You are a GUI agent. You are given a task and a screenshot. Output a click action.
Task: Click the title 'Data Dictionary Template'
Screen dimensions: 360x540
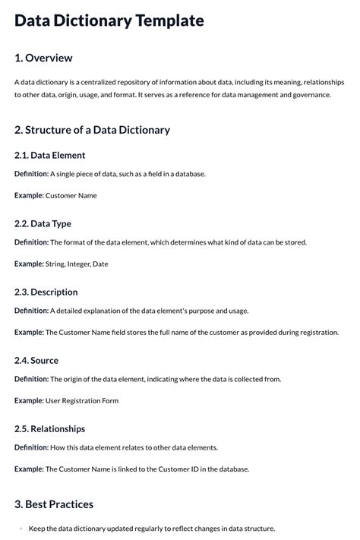click(109, 21)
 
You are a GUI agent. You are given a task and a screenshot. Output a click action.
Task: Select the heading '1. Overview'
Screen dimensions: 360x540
click(43, 58)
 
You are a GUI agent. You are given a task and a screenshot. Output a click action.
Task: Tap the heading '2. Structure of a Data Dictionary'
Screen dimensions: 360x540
click(92, 130)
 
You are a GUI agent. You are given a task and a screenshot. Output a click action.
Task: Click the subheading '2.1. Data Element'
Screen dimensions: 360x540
click(49, 155)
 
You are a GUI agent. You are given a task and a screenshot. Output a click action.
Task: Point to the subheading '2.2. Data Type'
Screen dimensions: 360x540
click(43, 223)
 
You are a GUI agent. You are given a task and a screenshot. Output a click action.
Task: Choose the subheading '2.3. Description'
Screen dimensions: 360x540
click(46, 292)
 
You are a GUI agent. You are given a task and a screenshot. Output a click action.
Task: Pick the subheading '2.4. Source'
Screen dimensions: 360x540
click(36, 360)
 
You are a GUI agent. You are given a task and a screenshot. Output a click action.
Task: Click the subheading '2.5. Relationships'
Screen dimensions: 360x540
click(49, 428)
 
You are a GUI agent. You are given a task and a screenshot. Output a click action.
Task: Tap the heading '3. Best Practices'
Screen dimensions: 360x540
click(54, 504)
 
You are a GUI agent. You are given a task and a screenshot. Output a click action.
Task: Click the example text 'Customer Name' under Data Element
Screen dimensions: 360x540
click(71, 195)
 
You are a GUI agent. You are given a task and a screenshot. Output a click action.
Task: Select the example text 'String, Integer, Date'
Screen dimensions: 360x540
click(77, 264)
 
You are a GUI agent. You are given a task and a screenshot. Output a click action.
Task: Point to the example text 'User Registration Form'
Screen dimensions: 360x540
click(82, 400)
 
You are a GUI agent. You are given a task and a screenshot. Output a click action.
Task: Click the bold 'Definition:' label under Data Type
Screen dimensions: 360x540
click(31, 242)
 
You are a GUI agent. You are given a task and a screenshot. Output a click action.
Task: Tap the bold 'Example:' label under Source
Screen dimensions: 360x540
click(29, 400)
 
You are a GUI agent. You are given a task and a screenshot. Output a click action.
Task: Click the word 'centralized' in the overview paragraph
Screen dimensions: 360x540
click(93, 82)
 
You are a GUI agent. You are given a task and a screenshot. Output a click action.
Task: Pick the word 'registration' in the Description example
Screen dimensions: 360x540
click(317, 332)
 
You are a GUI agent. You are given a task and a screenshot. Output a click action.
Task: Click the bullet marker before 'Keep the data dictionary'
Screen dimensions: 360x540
click(21, 529)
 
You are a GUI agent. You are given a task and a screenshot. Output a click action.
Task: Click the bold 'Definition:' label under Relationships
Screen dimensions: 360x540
click(31, 447)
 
